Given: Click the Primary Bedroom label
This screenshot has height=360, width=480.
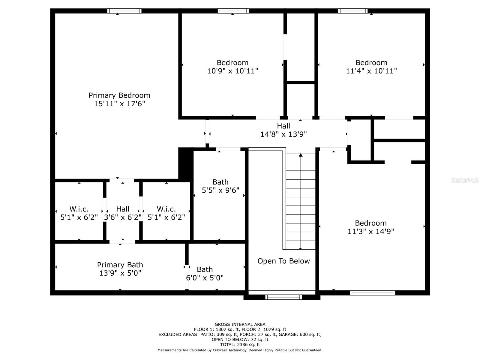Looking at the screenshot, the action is (x=119, y=95).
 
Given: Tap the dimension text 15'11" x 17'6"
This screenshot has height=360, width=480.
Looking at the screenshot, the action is (x=119, y=103).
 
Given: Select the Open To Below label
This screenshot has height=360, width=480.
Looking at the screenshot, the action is (x=283, y=261).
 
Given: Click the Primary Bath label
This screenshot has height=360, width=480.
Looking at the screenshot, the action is (x=120, y=265).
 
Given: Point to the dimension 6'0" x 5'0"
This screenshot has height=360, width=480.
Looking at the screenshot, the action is (x=205, y=278).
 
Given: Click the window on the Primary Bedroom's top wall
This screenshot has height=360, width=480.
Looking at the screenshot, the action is (x=124, y=11).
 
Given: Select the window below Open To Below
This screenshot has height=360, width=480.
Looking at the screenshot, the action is (x=283, y=297).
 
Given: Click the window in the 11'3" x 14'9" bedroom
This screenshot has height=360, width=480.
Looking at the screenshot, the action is (x=372, y=293).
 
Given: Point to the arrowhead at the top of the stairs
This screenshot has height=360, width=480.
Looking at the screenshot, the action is (x=301, y=155).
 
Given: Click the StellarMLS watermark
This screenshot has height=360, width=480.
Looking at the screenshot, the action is (x=465, y=180).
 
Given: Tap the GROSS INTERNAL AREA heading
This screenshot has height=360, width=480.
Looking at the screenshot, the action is (x=240, y=324).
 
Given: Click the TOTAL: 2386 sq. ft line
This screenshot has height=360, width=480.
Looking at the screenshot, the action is (x=240, y=344).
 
